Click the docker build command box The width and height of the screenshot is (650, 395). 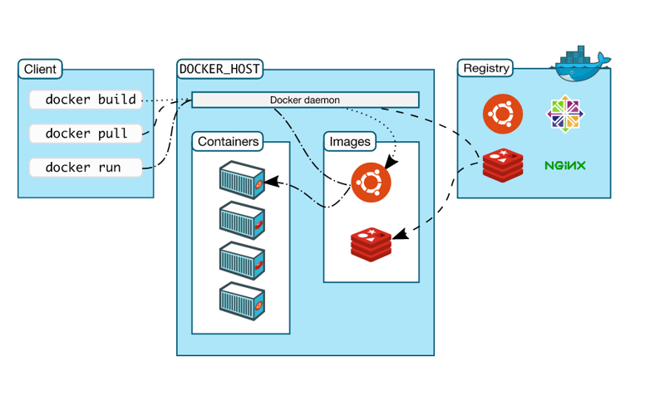point(86,100)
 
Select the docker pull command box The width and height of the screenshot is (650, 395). point(86,134)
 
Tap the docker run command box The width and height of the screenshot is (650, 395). point(86,168)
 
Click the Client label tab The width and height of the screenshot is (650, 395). point(40,69)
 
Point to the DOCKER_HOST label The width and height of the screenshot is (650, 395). point(219,69)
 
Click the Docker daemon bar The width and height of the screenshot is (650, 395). point(305,100)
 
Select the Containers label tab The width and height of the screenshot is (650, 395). point(228,142)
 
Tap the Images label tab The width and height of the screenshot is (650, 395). point(350,142)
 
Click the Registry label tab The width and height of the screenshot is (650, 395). point(486,68)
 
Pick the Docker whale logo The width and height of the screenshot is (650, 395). point(580,64)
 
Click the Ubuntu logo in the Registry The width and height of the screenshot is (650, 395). point(503,114)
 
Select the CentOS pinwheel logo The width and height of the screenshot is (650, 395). point(565,114)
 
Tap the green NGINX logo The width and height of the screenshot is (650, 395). point(565,166)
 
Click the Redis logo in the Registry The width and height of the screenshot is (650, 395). point(503,165)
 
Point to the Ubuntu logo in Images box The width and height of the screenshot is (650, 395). point(371,183)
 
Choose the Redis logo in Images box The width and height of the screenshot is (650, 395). point(371,244)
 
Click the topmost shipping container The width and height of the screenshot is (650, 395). point(242,180)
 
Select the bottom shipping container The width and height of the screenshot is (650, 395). point(242,301)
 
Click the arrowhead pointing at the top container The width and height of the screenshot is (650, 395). point(270,182)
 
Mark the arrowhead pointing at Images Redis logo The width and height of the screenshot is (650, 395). point(401,234)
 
